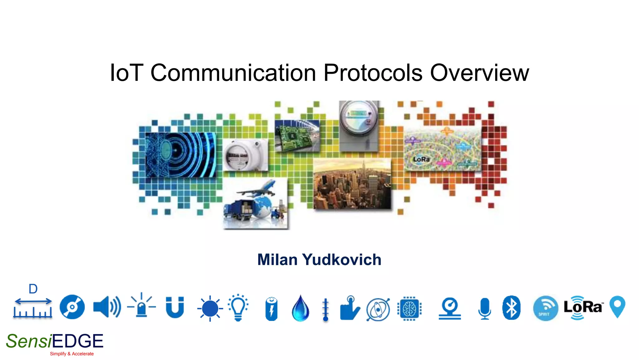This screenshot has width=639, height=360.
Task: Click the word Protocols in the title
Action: (x=373, y=73)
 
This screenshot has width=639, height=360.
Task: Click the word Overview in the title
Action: (x=479, y=73)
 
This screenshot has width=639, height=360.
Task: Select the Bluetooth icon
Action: (x=511, y=308)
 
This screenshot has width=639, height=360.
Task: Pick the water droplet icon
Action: (x=300, y=308)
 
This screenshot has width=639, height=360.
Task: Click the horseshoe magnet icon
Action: (x=175, y=307)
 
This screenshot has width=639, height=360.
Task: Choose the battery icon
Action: (x=271, y=309)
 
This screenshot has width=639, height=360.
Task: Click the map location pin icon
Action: (x=617, y=306)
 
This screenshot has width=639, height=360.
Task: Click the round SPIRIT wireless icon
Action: (x=545, y=308)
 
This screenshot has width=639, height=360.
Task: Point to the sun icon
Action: (x=210, y=308)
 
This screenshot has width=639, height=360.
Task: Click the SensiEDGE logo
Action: (x=55, y=341)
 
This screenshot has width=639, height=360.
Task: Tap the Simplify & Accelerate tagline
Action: (x=72, y=354)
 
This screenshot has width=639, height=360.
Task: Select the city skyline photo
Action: (x=352, y=184)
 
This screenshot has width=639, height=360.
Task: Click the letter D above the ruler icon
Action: (x=33, y=289)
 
